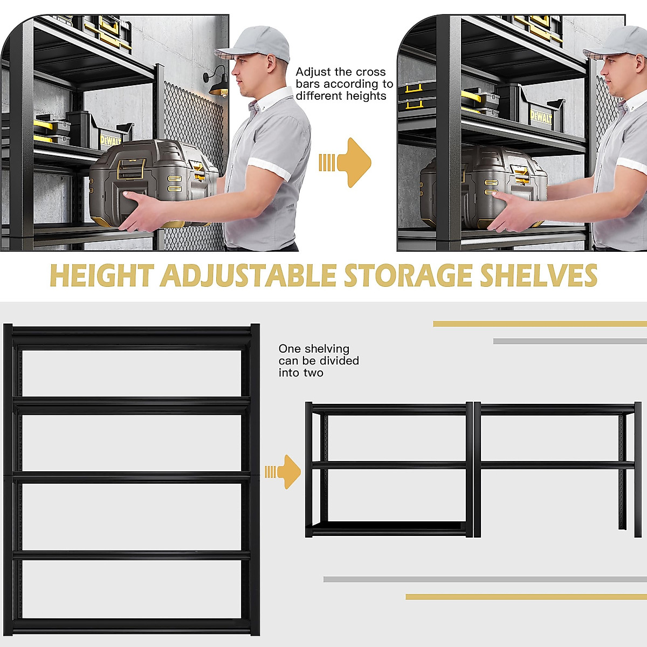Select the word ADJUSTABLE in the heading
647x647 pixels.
(248, 276)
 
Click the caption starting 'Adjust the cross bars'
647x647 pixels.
(344, 84)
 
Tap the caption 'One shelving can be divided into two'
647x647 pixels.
(318, 361)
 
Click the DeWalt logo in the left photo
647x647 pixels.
(110, 141)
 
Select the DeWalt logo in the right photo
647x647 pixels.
(540, 117)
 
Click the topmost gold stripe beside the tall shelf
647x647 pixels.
(539, 324)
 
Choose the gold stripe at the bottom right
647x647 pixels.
(526, 597)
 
